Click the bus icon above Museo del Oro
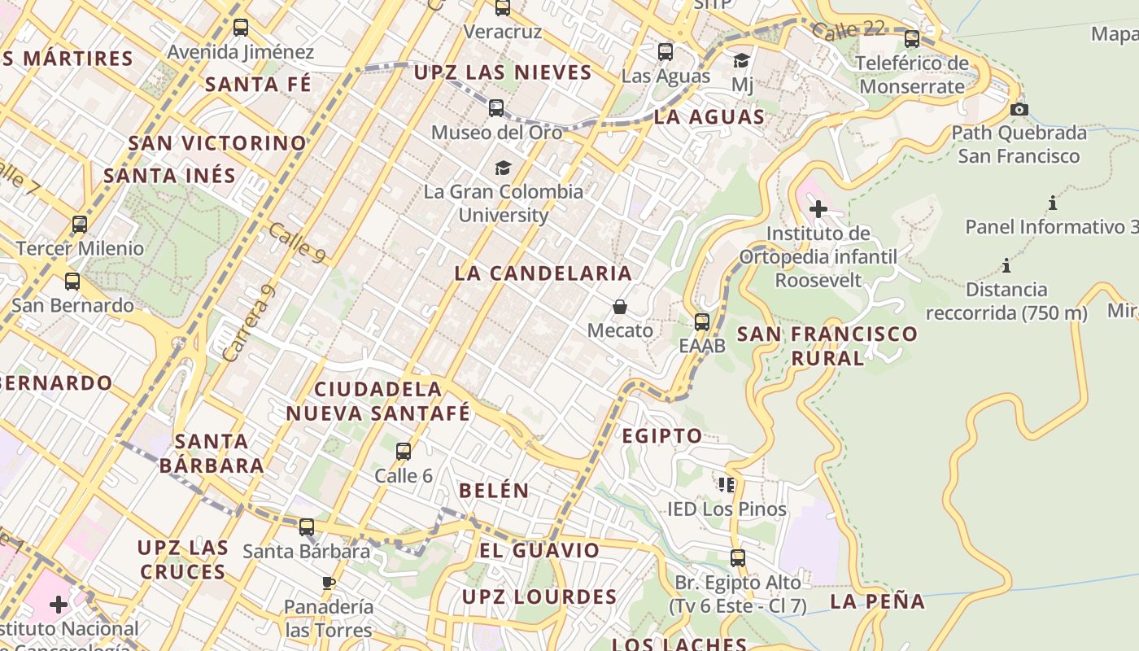495,107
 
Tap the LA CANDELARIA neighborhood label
543,273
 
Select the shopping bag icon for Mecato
620,307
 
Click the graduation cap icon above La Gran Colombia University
503,168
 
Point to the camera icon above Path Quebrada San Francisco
1019,109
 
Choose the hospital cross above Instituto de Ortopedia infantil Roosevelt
818,209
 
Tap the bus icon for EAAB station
702,321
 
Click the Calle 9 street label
297,242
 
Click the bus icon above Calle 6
403,452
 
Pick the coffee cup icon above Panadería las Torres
328,583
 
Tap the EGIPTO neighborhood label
661,436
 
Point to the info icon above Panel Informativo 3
1052,203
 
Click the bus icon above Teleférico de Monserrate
911,38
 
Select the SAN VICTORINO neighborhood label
217,143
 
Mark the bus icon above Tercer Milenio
79,224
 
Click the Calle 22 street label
848,31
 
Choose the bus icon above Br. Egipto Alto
737,558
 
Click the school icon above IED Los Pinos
727,485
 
